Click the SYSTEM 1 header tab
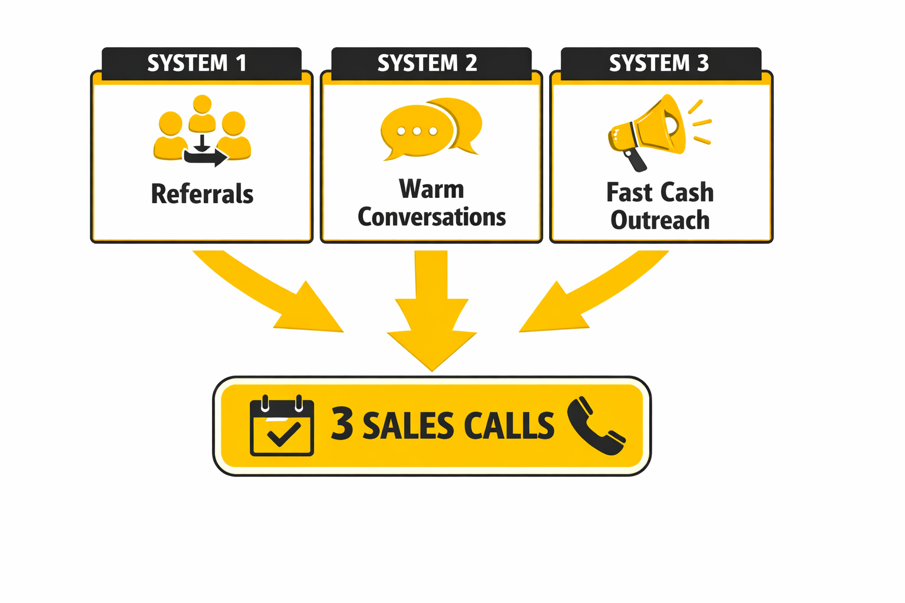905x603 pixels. coord(197,62)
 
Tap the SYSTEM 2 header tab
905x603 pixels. coord(427,62)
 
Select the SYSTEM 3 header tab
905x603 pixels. coord(659,62)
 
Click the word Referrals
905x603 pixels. coord(202,194)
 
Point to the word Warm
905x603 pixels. coord(431,189)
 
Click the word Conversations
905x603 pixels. coord(431,217)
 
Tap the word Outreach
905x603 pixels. coord(660,220)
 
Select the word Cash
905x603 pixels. coord(686,193)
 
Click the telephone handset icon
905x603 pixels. coord(596,426)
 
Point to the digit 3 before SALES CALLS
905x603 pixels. coord(342,423)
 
